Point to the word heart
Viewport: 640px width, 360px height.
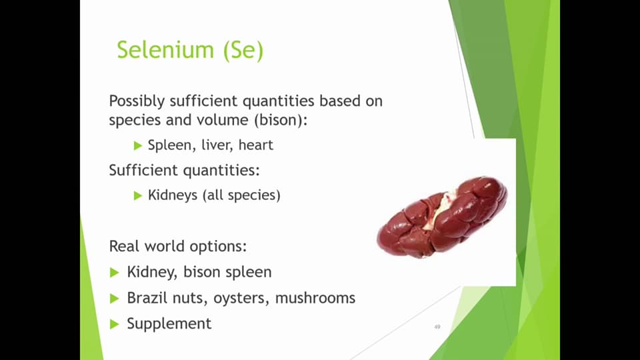255,145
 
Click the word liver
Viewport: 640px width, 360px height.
215,145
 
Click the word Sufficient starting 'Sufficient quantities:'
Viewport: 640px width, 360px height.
140,170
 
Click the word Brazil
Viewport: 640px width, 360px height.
145,297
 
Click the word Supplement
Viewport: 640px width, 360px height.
169,323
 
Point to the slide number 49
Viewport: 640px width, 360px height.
437,327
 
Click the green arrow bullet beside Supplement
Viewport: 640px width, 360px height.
114,323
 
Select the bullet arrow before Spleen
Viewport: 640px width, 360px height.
138,145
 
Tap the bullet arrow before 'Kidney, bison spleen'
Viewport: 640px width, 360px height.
114,272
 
